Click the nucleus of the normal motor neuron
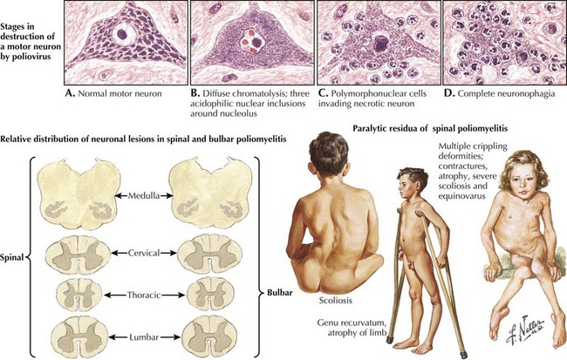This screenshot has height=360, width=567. (x=124, y=35)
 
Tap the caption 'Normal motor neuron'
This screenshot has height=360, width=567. (x=113, y=94)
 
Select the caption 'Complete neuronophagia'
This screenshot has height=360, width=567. (x=499, y=94)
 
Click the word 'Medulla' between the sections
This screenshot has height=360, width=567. (x=144, y=196)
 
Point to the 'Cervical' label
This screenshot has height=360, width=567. (x=144, y=253)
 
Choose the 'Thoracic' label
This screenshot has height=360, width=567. (x=144, y=295)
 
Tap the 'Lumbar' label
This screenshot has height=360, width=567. (x=144, y=337)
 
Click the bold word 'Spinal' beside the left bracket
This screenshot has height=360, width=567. (x=12, y=258)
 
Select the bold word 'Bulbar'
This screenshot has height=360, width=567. (x=279, y=293)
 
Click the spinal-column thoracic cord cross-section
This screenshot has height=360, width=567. (x=78, y=295)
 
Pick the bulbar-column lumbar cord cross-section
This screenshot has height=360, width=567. (x=209, y=336)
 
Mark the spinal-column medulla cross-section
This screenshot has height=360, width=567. (x=79, y=194)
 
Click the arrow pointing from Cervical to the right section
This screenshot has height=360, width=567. (x=168, y=253)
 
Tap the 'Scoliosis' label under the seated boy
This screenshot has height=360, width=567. (x=335, y=301)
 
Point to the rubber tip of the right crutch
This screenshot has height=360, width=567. (x=463, y=355)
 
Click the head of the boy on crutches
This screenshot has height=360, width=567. (x=411, y=184)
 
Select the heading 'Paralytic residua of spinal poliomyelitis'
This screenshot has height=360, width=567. (x=430, y=128)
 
